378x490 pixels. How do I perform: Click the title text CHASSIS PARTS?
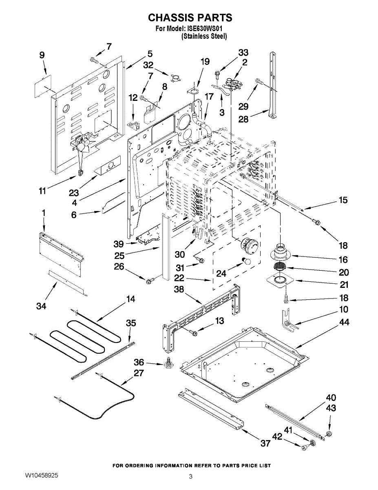click(x=190, y=18)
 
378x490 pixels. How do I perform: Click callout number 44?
click(x=344, y=322)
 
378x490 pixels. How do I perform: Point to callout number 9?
click(x=42, y=55)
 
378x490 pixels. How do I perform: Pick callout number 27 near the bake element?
click(x=139, y=372)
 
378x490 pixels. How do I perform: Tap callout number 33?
click(x=243, y=53)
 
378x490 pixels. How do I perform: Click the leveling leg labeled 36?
click(x=167, y=363)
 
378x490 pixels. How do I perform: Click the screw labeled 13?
click(x=193, y=333)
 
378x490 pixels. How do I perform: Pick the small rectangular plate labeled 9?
click(x=40, y=85)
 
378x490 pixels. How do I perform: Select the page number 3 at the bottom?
click(x=190, y=477)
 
